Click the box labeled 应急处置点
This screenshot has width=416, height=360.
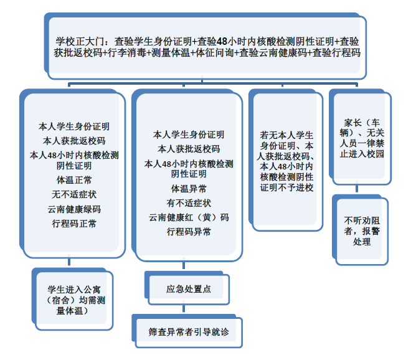[x=189, y=289]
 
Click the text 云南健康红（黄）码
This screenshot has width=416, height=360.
[x=189, y=217]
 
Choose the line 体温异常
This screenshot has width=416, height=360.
[x=189, y=188]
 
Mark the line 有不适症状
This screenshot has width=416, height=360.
[x=189, y=203]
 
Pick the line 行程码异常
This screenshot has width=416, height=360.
[x=189, y=232]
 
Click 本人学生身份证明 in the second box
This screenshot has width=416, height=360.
[x=189, y=134]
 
